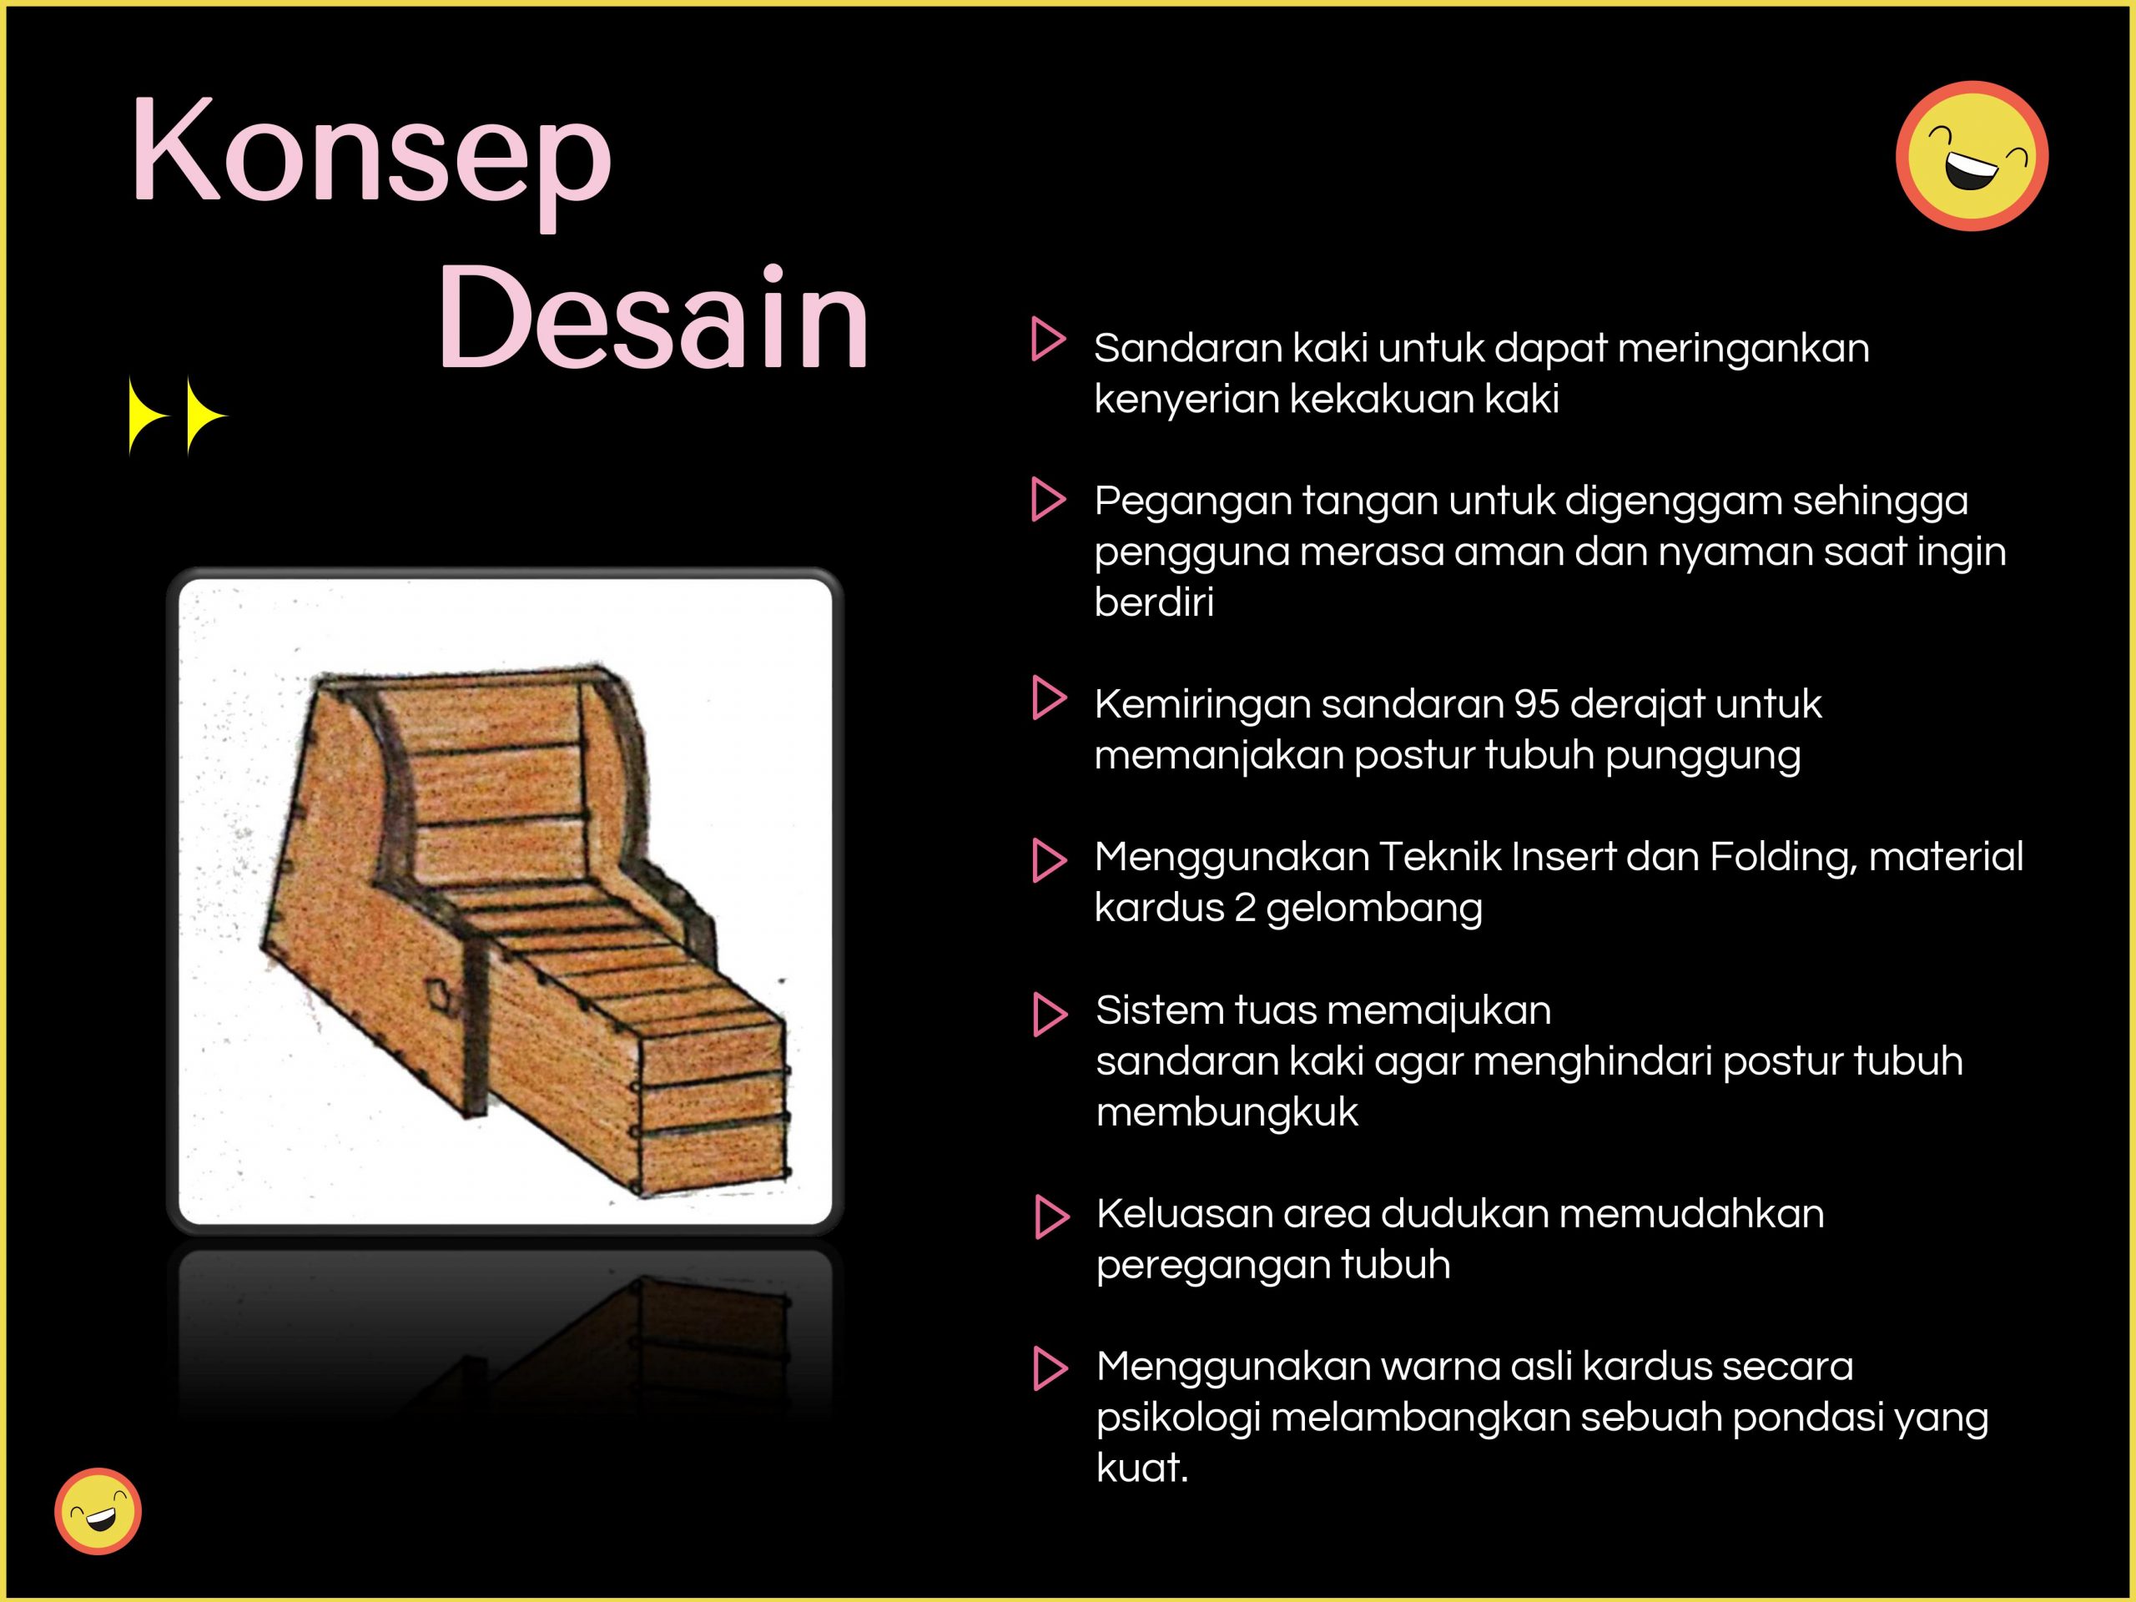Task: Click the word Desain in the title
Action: [654, 317]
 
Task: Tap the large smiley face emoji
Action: [1972, 155]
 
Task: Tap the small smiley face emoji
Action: [98, 1511]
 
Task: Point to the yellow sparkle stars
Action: [178, 416]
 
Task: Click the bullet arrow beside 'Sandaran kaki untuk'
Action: [1049, 339]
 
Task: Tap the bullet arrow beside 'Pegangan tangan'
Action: [1049, 499]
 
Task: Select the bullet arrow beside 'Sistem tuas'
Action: [1050, 1014]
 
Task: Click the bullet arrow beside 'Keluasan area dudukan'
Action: [1051, 1217]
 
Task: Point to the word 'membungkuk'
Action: [1227, 1112]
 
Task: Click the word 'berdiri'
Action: [1154, 602]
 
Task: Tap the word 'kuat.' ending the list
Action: [1142, 1468]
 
